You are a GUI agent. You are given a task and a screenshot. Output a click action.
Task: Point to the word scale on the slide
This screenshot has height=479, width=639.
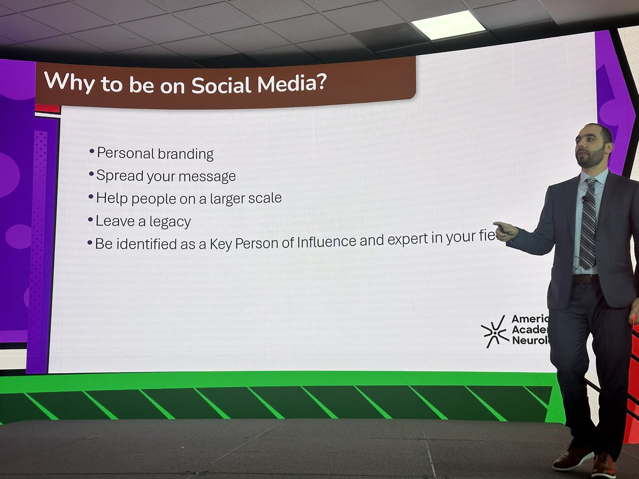click(x=264, y=199)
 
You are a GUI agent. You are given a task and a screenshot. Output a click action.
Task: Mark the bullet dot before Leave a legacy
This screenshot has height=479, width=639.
click(x=91, y=219)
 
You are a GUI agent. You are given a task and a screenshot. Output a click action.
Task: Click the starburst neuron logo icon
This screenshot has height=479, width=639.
click(x=494, y=331)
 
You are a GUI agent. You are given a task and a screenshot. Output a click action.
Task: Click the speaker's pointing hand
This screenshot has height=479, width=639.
click(x=505, y=230)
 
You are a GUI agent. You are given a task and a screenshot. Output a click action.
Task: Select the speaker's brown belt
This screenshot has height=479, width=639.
click(x=586, y=279)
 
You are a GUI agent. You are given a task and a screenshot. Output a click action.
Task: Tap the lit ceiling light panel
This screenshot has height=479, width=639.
click(x=448, y=25)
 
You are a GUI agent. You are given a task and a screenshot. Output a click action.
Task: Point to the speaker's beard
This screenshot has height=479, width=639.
click(x=592, y=158)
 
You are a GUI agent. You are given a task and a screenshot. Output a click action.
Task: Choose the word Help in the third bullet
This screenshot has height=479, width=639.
click(x=111, y=199)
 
